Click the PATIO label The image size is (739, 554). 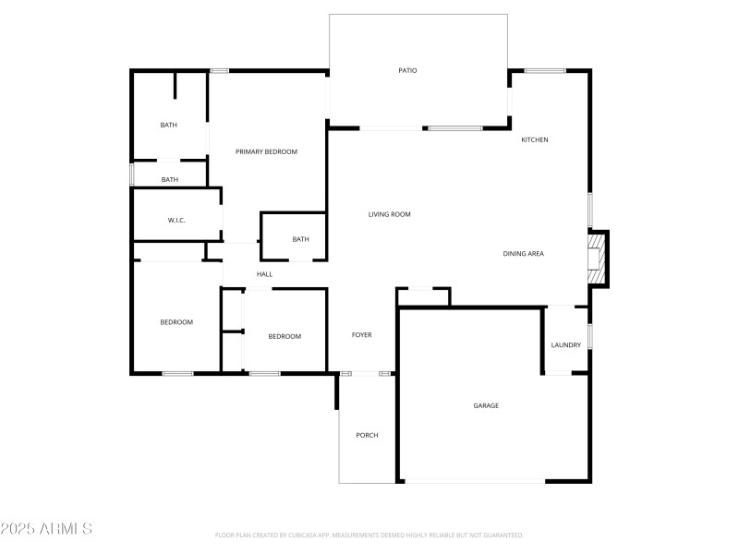[407, 70]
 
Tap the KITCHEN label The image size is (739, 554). [535, 140]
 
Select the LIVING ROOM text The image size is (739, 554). [389, 214]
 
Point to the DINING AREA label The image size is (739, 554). [523, 254]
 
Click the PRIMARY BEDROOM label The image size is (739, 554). [266, 151]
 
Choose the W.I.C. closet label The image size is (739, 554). [176, 221]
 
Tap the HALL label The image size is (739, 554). [264, 274]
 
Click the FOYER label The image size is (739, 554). [361, 335]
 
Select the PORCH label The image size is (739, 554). [367, 435]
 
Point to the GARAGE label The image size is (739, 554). [486, 405]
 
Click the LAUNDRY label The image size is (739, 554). [565, 345]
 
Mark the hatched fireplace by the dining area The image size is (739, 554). [598, 258]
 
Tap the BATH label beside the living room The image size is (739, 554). [300, 240]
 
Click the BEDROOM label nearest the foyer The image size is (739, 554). [285, 336]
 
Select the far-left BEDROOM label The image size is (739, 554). [176, 322]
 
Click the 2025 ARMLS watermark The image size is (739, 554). [46, 529]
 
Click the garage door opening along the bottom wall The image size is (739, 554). [474, 481]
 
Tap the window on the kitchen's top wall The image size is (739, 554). [545, 70]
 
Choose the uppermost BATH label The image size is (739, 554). [168, 126]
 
